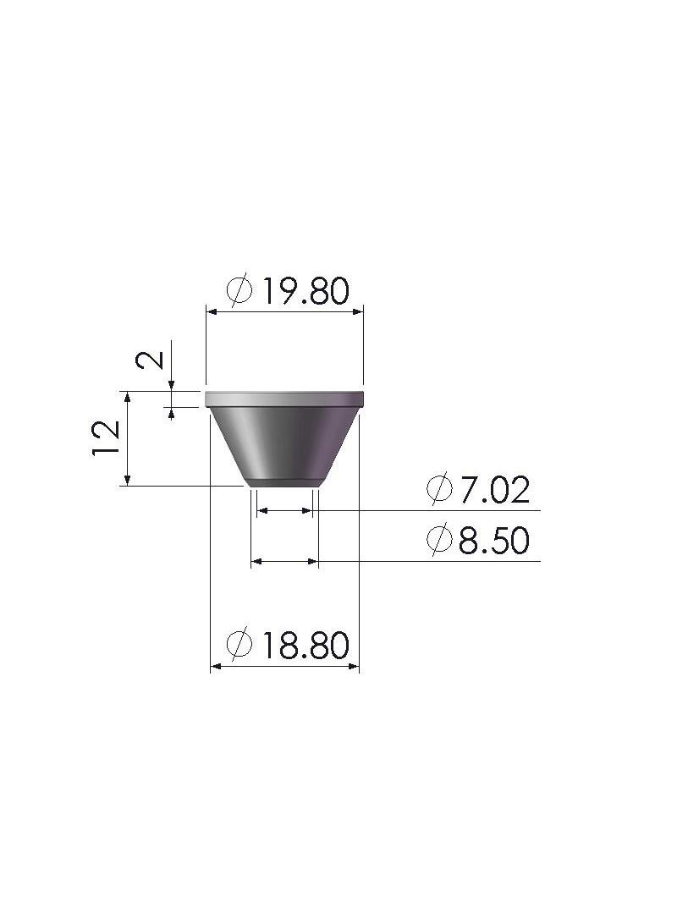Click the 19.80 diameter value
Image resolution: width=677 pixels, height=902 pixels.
(x=305, y=291)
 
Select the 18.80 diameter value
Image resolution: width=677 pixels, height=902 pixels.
(x=305, y=645)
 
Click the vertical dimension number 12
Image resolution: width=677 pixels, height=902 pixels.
(x=106, y=438)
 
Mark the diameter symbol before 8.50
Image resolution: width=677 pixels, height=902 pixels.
(x=439, y=540)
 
